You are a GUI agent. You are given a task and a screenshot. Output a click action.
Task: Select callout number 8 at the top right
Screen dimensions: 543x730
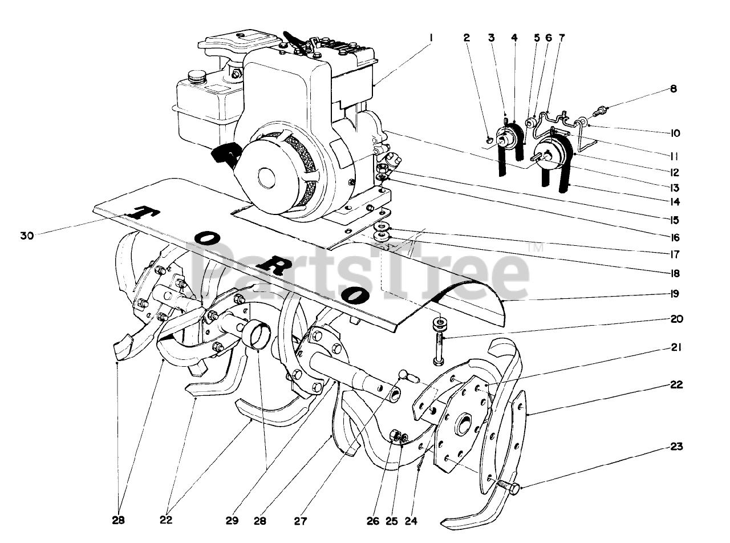point(674,89)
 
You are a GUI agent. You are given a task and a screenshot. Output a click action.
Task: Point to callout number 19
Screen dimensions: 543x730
point(675,294)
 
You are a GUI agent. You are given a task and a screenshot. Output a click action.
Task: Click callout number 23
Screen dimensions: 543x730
point(676,447)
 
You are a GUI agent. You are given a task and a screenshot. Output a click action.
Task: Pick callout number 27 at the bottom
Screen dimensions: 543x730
point(301,521)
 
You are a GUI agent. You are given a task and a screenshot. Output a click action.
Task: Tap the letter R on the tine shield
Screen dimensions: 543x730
point(275,268)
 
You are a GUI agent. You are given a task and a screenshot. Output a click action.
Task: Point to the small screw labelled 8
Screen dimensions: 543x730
point(599,108)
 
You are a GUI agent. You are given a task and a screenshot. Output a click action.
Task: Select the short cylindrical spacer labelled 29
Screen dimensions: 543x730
point(255,335)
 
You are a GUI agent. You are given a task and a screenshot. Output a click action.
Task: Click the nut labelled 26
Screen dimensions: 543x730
point(393,437)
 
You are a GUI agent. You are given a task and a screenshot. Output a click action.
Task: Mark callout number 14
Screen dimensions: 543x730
point(675,201)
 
